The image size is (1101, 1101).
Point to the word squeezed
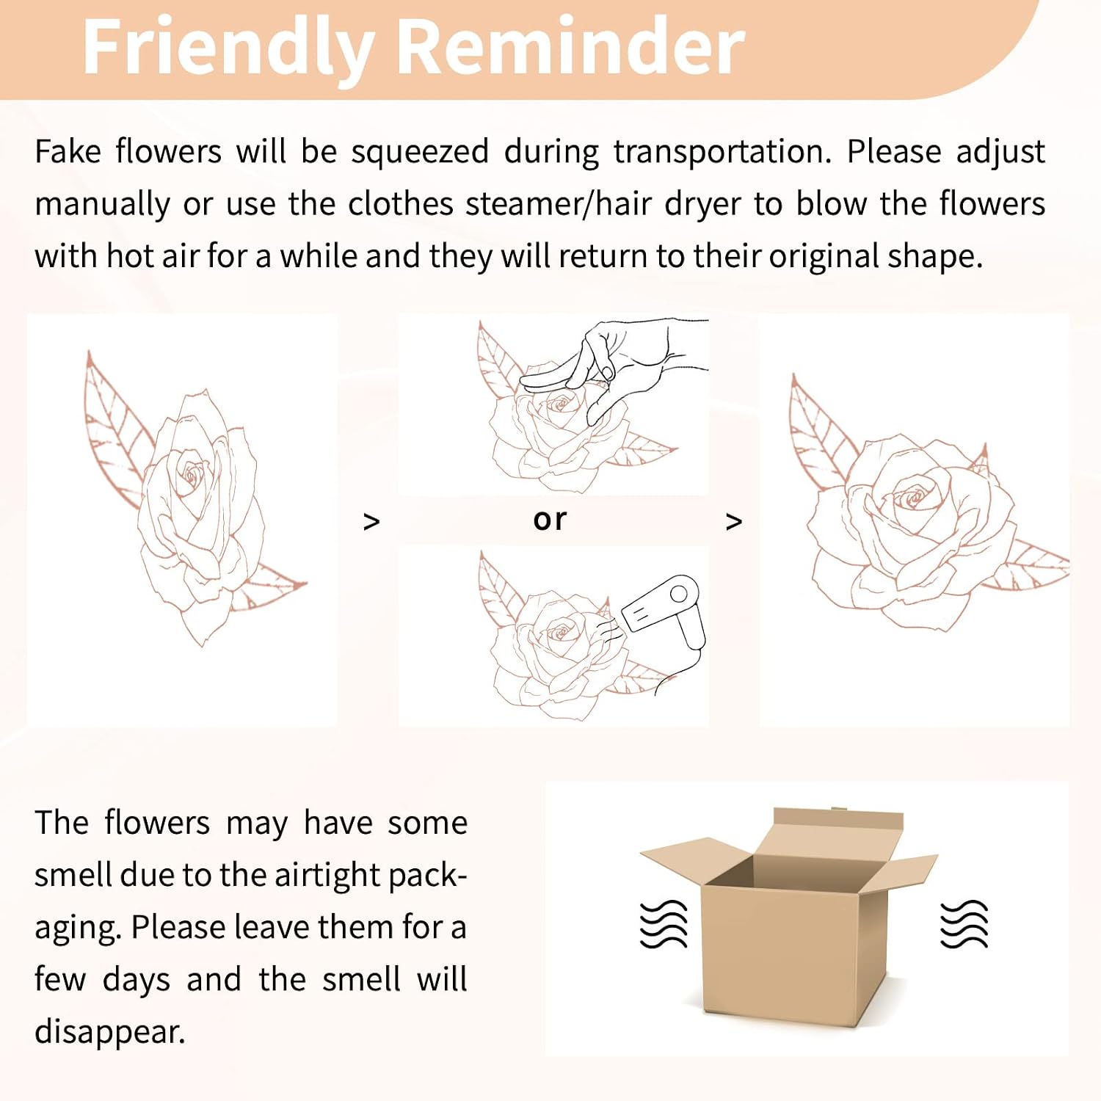[420, 153]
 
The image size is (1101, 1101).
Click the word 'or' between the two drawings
[550, 520]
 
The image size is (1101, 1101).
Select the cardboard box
[789, 917]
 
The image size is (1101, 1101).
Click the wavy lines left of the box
[664, 923]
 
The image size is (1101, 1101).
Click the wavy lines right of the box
[964, 923]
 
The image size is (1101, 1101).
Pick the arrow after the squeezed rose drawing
[371, 522]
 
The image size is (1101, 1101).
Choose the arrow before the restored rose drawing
[733, 522]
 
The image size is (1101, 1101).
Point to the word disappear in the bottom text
[110, 1032]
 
